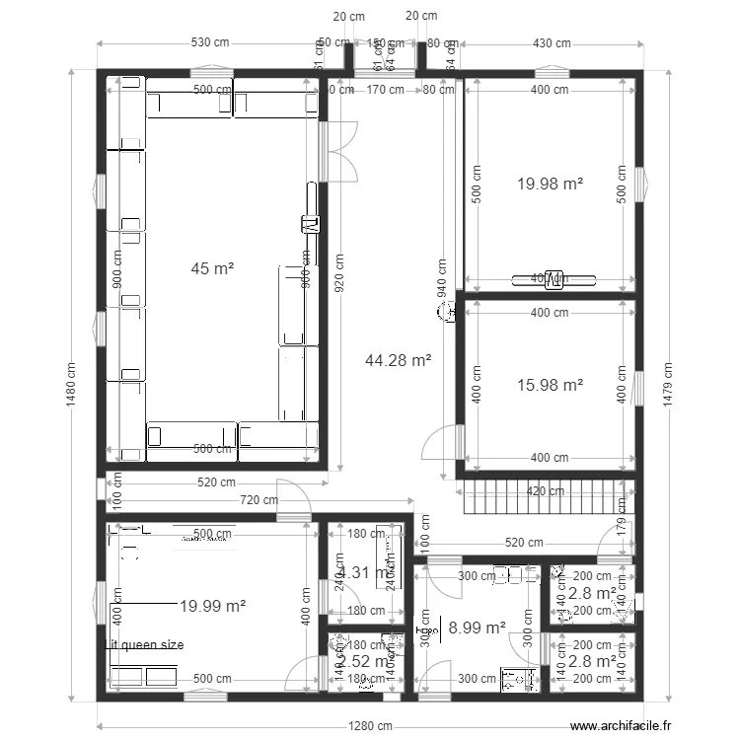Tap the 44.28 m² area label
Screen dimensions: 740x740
click(398, 361)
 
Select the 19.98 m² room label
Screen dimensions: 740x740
click(550, 183)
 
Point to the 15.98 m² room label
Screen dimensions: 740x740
click(550, 385)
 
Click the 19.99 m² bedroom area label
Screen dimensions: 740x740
click(212, 606)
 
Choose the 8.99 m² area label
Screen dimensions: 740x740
click(477, 627)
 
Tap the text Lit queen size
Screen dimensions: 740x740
click(145, 645)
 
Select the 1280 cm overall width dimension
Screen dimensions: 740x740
click(369, 724)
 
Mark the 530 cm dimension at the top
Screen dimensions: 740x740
click(211, 43)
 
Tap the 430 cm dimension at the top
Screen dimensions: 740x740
click(552, 43)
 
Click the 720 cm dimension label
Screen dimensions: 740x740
click(259, 500)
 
